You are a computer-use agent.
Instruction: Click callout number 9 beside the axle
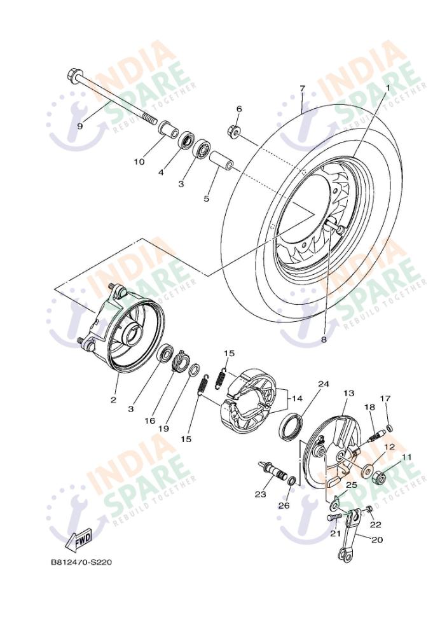click(x=80, y=126)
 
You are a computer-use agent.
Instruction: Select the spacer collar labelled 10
click(x=168, y=129)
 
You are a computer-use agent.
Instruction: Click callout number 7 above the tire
click(x=303, y=88)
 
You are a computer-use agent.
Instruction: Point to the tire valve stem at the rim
click(x=333, y=225)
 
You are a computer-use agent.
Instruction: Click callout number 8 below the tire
click(x=324, y=340)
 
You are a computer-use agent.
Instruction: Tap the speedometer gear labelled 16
click(x=181, y=359)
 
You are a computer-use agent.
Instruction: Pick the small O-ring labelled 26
click(x=291, y=481)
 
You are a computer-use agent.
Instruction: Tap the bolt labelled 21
click(x=334, y=517)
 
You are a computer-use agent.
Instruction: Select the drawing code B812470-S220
click(x=81, y=562)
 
